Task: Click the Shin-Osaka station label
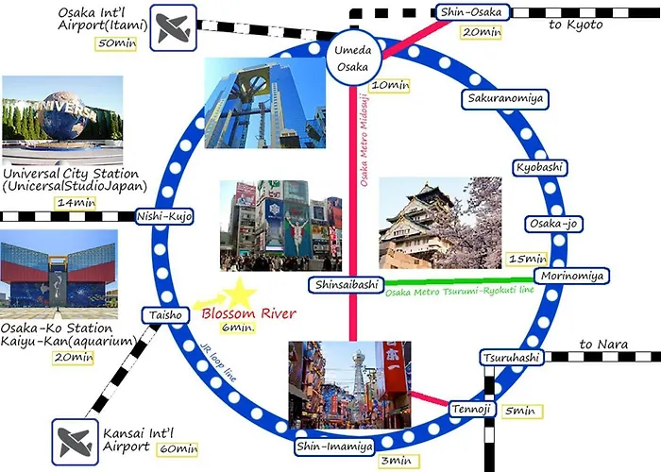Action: tap(472, 12)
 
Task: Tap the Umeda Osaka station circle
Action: tap(353, 59)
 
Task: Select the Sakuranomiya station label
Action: tap(505, 99)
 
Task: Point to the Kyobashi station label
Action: tap(539, 168)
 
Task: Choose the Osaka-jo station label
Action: tap(553, 224)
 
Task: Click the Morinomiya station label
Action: tap(571, 276)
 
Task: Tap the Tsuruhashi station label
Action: tap(512, 358)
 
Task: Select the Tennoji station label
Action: tap(471, 409)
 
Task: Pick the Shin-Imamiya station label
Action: tap(334, 447)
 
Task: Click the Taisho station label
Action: tap(165, 315)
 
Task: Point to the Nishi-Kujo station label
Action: tap(164, 216)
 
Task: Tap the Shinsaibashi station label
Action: tap(347, 285)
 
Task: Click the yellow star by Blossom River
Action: tap(240, 294)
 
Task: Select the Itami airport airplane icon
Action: tap(173, 27)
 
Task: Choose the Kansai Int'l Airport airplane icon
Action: tap(75, 442)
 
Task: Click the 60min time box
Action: tap(178, 449)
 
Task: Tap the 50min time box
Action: tap(116, 43)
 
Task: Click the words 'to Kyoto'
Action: tap(575, 25)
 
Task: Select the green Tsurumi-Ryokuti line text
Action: tap(460, 291)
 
